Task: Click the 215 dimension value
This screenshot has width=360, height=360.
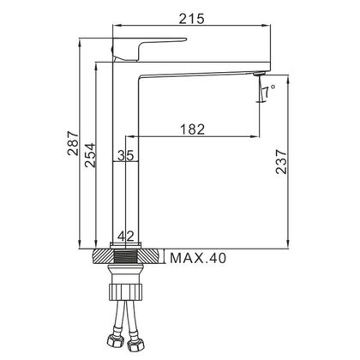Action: pos(192,19)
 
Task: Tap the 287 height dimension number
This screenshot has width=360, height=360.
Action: pos(73,143)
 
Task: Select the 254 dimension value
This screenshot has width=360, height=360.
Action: pos(89,155)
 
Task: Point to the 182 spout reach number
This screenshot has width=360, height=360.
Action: pos(193,129)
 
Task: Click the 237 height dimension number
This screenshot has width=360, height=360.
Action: pos(281,161)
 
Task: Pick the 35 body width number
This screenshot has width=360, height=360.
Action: pos(126,156)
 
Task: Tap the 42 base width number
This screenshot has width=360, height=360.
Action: pos(126,237)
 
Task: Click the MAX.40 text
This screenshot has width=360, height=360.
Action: pos(198,258)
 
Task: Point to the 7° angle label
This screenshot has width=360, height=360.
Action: pos(269,92)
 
